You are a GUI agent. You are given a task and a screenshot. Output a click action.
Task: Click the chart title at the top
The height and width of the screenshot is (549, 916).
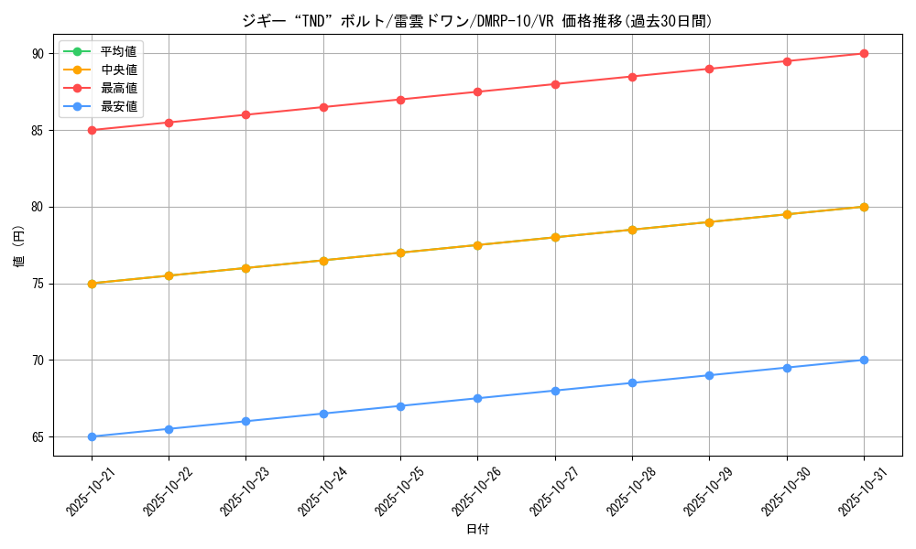[476, 21]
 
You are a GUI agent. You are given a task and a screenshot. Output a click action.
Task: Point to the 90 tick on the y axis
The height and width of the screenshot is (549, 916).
[38, 54]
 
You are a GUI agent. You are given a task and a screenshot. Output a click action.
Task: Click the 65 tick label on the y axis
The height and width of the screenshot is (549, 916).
[38, 437]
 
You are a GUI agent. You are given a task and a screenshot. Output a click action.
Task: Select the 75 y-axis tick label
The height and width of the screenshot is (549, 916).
[38, 284]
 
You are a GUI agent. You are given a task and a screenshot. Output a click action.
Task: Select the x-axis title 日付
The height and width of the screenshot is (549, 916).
[477, 530]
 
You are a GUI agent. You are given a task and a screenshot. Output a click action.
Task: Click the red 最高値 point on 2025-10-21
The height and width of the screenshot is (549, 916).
[92, 130]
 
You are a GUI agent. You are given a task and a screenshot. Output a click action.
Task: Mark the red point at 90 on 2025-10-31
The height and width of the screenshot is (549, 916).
[864, 53]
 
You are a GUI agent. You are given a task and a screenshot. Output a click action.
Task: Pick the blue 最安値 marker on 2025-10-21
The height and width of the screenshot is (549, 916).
[92, 436]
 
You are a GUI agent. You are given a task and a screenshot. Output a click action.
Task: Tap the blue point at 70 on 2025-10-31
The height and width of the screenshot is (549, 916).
[864, 360]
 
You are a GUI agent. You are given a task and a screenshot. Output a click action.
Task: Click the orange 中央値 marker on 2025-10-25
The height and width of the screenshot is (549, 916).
[400, 253]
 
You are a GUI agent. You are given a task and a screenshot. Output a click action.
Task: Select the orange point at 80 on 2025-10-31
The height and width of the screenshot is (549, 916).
[864, 207]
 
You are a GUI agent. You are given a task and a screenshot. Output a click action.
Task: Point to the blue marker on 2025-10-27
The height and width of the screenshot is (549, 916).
[555, 391]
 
